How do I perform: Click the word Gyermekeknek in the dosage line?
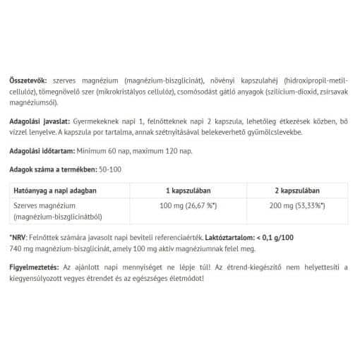coord(109,122)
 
